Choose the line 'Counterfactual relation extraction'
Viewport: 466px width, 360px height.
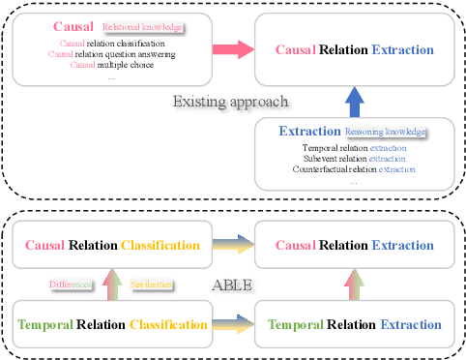352,169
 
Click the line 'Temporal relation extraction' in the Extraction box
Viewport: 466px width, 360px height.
352,146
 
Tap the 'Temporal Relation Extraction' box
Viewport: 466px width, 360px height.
354,325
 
